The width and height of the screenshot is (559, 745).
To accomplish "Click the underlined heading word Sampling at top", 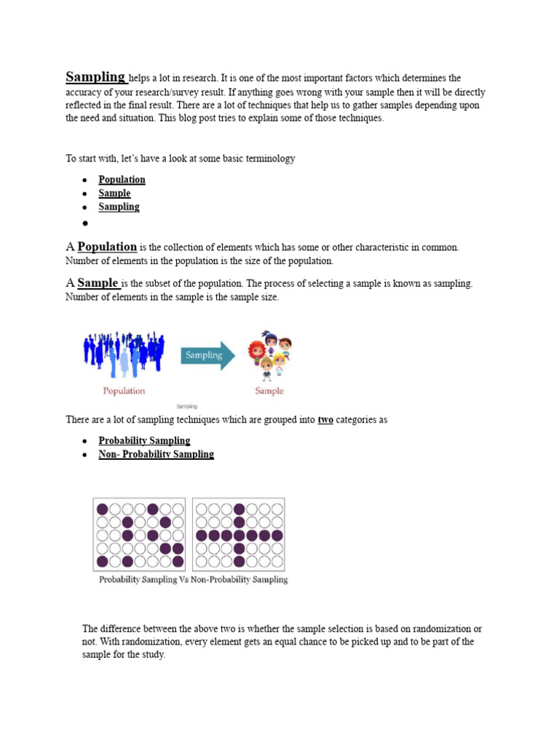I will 95,77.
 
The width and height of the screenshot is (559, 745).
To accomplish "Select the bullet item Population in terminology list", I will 122,180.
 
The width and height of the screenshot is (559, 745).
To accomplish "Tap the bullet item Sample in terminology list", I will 114,194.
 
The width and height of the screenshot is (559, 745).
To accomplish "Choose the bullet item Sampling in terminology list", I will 119,207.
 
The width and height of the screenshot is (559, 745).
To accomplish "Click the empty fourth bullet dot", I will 85,223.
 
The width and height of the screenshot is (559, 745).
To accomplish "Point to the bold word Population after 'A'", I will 107,247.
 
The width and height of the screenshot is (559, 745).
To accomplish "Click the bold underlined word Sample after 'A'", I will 98,283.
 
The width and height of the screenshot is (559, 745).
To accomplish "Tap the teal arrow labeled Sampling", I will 207,356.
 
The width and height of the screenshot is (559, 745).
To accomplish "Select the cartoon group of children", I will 269,356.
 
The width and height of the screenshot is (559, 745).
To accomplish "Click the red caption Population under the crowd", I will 124,391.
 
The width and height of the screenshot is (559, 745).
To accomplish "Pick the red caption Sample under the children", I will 269,391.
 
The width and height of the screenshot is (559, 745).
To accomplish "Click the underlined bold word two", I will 325,420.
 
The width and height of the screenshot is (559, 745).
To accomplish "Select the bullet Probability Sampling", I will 144,441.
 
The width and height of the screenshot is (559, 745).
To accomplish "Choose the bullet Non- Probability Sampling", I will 156,454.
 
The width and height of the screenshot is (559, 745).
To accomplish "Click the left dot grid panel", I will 139,534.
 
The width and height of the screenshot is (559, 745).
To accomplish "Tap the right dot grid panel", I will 239,534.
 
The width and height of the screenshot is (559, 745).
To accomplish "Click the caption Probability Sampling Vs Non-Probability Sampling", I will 193,580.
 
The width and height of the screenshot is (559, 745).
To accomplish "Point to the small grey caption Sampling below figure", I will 187,407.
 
